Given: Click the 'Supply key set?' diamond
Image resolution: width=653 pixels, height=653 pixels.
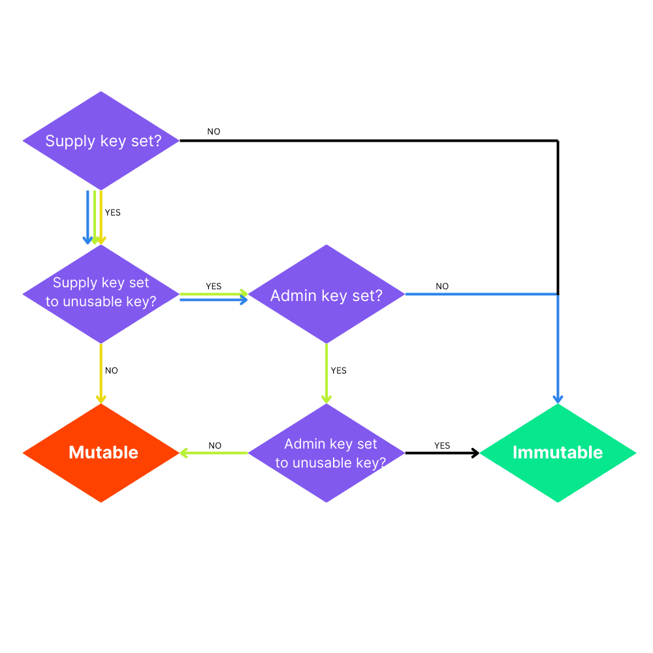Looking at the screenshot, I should point(101,140).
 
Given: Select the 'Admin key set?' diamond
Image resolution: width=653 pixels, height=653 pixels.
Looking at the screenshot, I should point(326,295).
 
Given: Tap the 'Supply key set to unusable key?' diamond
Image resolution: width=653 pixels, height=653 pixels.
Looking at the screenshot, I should point(101,293).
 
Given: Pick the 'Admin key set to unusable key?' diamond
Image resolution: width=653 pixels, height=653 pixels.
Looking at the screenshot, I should point(326,453).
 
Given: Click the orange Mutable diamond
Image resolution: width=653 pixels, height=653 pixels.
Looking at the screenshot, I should point(101,453).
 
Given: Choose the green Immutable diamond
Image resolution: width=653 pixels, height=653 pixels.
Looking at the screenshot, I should point(558,453).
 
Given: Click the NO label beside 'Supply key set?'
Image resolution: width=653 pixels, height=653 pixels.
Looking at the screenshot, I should point(214,131).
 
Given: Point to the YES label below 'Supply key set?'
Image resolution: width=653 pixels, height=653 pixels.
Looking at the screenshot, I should point(112,212).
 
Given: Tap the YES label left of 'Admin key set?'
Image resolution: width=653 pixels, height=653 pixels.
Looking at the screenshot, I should point(214,286).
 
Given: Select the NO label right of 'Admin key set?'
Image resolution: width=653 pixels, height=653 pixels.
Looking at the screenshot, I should point(442,286).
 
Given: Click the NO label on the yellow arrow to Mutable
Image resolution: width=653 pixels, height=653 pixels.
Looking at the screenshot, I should point(112,370).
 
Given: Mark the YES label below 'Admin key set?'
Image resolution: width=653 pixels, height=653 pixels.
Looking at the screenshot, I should point(338,370).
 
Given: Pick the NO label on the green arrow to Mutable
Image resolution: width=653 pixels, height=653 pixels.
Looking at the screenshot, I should point(215,445).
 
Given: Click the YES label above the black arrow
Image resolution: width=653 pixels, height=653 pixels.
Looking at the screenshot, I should point(442,445).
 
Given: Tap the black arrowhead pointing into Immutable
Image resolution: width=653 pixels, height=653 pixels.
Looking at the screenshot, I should point(475,453).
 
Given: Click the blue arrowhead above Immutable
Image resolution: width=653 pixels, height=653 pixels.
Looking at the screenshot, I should point(558,399).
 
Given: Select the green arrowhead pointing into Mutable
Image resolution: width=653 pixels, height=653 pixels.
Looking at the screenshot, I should point(184,453).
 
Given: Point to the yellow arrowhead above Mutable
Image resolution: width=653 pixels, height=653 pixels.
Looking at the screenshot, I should point(101,399).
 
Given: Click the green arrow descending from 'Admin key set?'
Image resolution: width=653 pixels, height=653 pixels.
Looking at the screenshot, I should point(326,369).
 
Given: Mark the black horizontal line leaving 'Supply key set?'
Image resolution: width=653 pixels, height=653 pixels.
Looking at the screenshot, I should point(366,140).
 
